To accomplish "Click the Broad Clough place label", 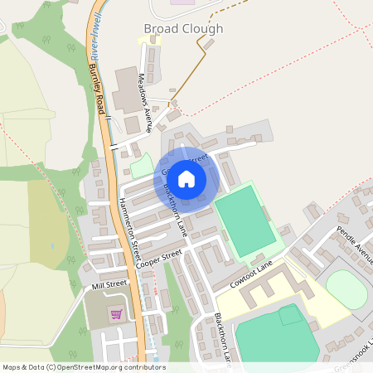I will click(183, 28).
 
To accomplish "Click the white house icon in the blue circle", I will click(186, 178).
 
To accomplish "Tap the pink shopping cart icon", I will click(116, 313).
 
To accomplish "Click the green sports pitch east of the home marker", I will click(245, 220).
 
